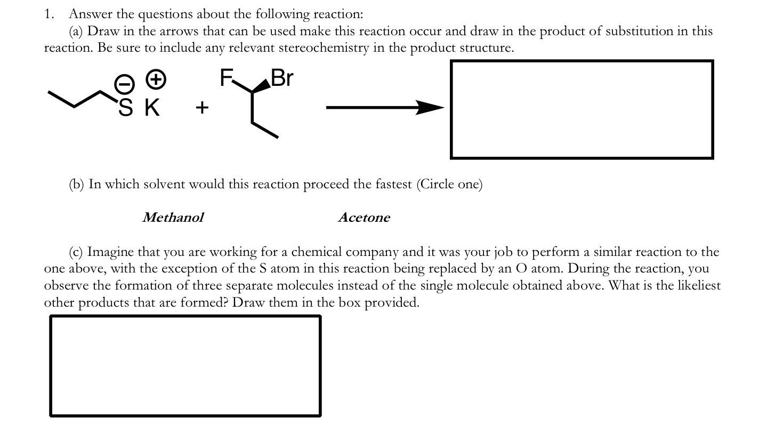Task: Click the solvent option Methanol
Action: (x=173, y=218)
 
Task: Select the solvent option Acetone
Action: (x=364, y=218)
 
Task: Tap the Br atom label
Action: (x=282, y=78)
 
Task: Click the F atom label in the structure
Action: (x=227, y=79)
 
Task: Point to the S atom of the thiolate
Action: (x=125, y=108)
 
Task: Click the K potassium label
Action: (x=152, y=108)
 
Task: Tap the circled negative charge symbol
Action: (x=123, y=84)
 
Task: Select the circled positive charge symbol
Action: (x=156, y=80)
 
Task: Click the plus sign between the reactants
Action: (x=202, y=108)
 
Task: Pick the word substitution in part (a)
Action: (x=642, y=31)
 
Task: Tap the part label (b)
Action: (x=77, y=185)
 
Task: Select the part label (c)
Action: (x=76, y=252)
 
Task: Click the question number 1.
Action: (x=49, y=14)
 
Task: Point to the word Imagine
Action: (x=110, y=252)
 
